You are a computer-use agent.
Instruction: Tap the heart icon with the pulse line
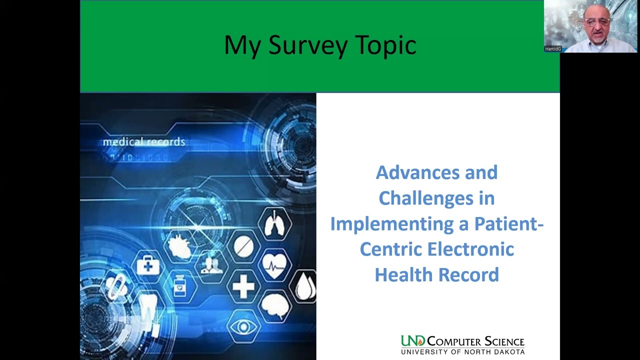pos(274,264)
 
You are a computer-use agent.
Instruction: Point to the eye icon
pos(243,327)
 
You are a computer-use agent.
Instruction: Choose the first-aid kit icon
pos(148,266)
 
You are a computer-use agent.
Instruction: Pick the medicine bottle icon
pos(179,287)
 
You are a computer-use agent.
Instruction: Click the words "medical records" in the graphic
pos(144,142)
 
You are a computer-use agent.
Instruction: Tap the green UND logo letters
pos(412,341)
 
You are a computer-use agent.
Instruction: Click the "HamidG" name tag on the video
pos(553,49)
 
